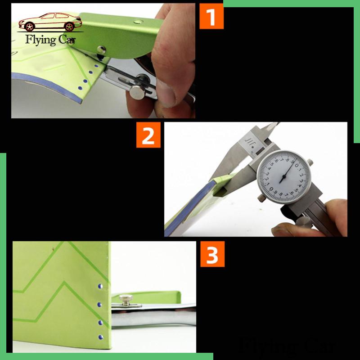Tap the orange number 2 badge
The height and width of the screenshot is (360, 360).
[148, 136]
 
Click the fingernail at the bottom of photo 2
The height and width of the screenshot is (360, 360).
[282, 229]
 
